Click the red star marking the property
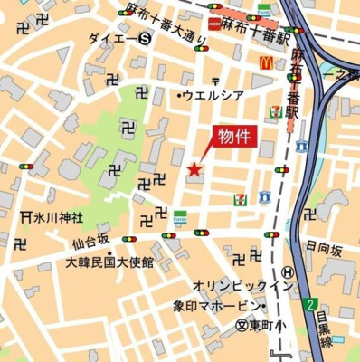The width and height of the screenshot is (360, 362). click(193, 169)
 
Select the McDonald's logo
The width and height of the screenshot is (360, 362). click(268, 63)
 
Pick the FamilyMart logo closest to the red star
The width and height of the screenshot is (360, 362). click(180, 218)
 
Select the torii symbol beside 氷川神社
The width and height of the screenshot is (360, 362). click(25, 217)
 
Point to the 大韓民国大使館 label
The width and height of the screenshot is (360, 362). click(109, 262)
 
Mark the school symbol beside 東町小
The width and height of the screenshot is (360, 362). click(242, 324)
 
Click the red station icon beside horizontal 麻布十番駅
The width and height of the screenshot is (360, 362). click(213, 24)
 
